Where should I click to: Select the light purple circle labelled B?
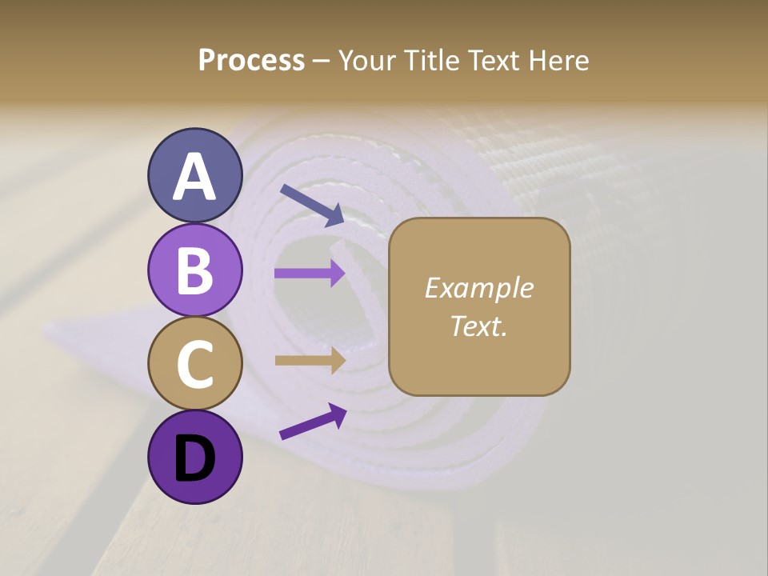tap(194, 270)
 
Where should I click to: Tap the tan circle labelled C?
tap(194, 363)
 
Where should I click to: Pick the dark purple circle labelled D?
tap(194, 457)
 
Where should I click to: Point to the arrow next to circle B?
tap(310, 274)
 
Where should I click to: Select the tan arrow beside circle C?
tap(310, 361)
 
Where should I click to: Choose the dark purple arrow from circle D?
tap(312, 422)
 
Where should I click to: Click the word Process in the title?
tap(251, 60)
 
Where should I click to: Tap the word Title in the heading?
tap(432, 60)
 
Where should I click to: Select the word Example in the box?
tap(478, 288)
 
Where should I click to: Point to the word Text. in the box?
tap(478, 326)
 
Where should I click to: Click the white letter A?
tap(194, 178)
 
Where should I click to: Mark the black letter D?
tap(194, 459)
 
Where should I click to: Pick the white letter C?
tap(194, 365)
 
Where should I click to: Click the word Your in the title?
tap(366, 60)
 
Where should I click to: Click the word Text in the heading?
tap(495, 60)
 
